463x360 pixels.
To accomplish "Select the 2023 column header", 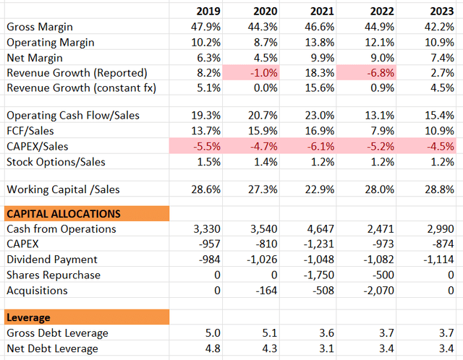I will tap(441, 11).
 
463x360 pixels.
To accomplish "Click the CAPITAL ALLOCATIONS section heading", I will tap(64, 213).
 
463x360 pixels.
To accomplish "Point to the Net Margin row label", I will tap(35, 58).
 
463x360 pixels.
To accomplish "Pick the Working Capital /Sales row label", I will tap(63, 189).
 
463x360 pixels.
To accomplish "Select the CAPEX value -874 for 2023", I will tap(442, 244).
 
